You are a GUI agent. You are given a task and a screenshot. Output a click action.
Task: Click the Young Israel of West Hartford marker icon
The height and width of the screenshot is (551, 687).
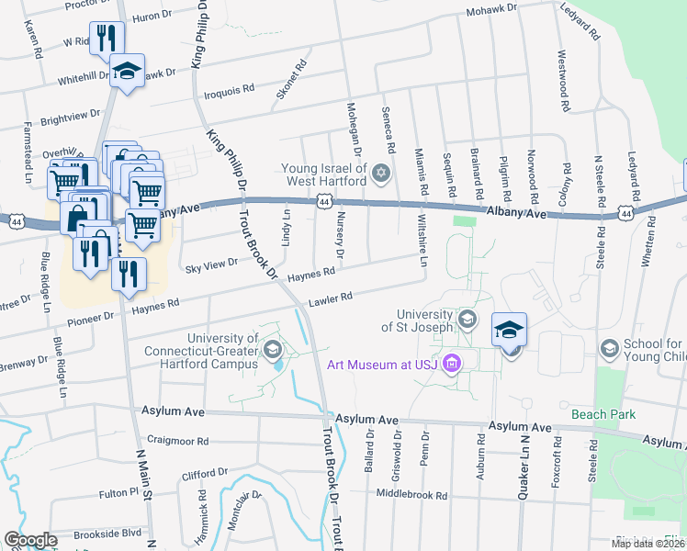[x=381, y=173]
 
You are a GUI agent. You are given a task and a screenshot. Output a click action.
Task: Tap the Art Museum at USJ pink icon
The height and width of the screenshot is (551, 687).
[x=450, y=365]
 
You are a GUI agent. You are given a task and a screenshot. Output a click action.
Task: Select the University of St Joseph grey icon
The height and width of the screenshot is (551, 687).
[x=467, y=320]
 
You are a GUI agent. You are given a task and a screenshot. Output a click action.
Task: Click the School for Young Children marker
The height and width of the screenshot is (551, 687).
[x=608, y=348]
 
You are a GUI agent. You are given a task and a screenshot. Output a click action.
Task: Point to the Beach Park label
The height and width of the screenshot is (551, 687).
[x=603, y=415]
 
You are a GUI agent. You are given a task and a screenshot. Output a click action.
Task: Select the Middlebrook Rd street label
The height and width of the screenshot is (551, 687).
[x=411, y=494]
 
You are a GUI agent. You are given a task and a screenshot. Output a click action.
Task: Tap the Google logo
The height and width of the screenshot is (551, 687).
[x=30, y=539]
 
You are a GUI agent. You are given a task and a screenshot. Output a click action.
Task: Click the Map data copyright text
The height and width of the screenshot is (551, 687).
[x=647, y=544]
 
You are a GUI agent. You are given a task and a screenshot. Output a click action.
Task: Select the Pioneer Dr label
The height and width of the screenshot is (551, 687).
[x=91, y=315]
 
